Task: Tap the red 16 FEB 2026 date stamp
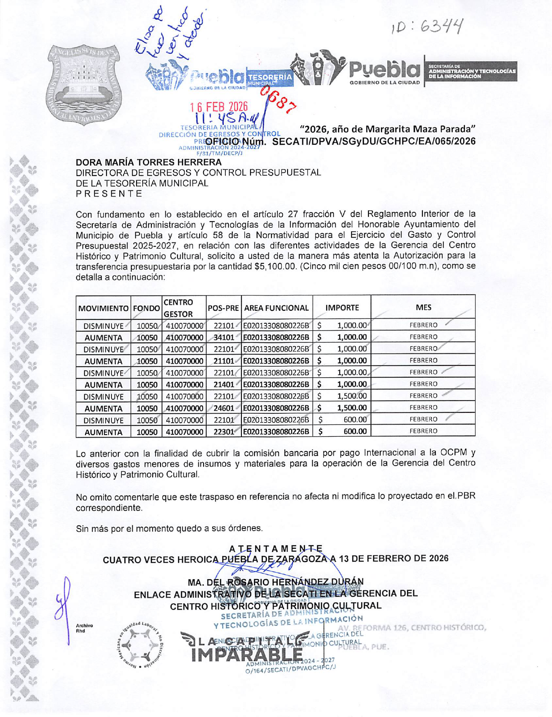(x=219, y=106)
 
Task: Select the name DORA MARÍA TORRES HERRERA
(x=148, y=163)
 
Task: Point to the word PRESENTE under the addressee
(x=109, y=194)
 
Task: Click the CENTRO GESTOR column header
(x=178, y=308)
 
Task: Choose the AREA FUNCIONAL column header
(x=277, y=308)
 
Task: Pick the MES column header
(x=423, y=307)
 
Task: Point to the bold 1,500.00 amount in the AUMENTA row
(x=351, y=408)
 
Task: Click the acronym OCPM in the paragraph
(x=452, y=453)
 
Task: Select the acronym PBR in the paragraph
(x=466, y=496)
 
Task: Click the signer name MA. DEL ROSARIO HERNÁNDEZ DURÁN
(x=275, y=582)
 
